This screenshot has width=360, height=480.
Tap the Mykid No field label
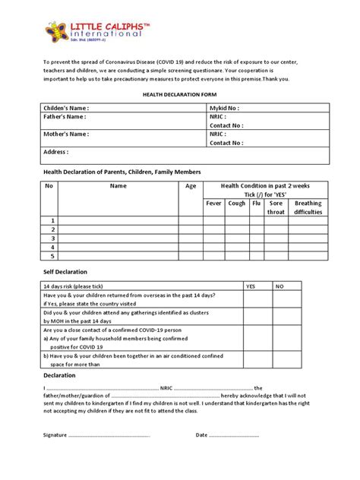pyautogui.click(x=225, y=109)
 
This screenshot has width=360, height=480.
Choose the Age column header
pyautogui.click(x=190, y=185)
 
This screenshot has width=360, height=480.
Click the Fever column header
pyautogui.click(x=213, y=204)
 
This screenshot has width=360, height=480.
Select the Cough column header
pyautogui.click(x=236, y=204)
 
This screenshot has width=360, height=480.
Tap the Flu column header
pyautogui.click(x=256, y=204)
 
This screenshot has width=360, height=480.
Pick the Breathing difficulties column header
pyautogui.click(x=308, y=207)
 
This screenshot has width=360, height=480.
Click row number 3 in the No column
pyautogui.click(x=52, y=238)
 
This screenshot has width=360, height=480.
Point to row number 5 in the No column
pyautogui.click(x=52, y=256)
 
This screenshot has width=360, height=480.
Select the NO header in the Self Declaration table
pyautogui.click(x=279, y=285)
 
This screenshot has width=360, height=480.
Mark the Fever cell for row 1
pyautogui.click(x=213, y=220)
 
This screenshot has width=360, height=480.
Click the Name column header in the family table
pyautogui.click(x=118, y=185)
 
